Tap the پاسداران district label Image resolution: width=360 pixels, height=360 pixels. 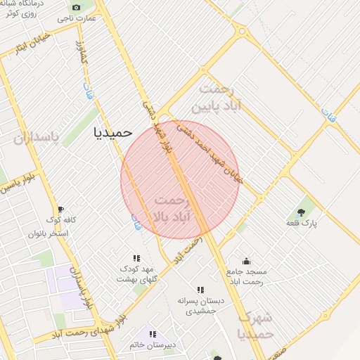pos(37,136)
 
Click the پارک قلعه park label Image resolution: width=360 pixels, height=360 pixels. pos(302,223)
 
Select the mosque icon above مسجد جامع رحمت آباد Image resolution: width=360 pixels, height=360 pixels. pos(246,261)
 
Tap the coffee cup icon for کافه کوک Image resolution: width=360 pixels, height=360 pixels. pos(60,210)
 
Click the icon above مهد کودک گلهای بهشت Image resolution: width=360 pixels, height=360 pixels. pos(136,258)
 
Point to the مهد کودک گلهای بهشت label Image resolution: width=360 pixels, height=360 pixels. pos(136,274)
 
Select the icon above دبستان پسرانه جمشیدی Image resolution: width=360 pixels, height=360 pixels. pos(200,289)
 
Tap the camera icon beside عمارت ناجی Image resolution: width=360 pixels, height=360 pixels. pos(76,7)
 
